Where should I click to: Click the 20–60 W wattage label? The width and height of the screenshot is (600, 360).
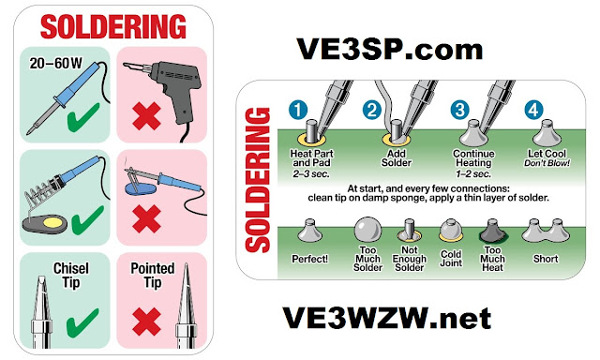56,64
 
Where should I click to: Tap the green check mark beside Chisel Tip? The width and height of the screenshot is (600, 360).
82,322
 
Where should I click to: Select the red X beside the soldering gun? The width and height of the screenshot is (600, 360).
146,116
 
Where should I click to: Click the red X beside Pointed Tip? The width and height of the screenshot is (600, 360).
146,322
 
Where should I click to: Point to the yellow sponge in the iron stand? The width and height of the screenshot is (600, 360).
51,222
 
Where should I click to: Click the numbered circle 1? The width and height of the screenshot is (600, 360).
298,110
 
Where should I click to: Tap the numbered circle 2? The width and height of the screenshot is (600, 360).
372,110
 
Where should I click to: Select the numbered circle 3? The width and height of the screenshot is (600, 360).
460,110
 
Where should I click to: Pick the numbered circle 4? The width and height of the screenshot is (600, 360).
533,110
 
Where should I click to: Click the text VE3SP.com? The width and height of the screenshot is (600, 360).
390,50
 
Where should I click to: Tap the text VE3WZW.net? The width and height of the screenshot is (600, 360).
387,318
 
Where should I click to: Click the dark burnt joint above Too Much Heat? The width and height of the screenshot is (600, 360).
493,231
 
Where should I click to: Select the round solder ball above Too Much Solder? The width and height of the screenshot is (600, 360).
367,230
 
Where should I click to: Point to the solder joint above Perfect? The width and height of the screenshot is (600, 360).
309,231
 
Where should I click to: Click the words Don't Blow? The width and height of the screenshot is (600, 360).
547,163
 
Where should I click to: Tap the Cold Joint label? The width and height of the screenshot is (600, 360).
451,259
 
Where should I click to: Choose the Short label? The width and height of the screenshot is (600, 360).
546,259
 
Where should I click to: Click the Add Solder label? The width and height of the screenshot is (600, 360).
396,158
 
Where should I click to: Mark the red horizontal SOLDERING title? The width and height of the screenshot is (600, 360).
113,27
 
